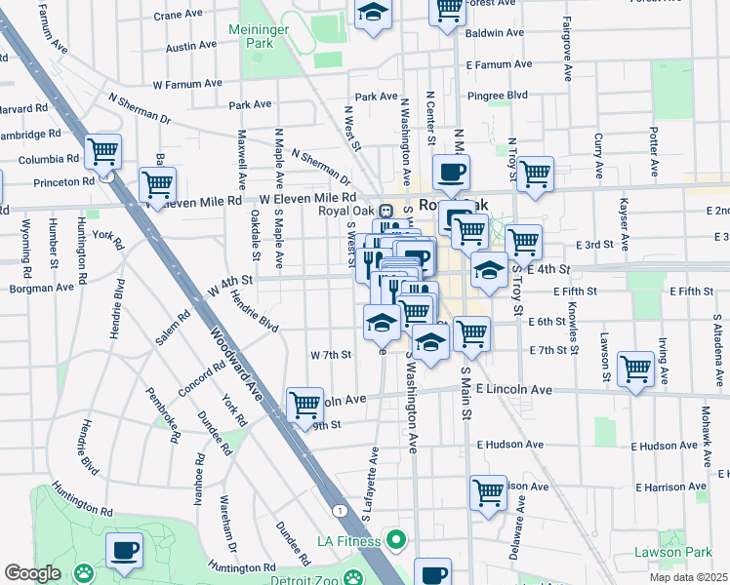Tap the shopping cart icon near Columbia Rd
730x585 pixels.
click(x=102, y=152)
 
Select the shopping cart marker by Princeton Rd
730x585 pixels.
click(x=157, y=183)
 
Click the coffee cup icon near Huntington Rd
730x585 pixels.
click(x=124, y=551)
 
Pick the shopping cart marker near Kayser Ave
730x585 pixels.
click(x=635, y=369)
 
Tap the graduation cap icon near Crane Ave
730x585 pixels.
click(x=372, y=14)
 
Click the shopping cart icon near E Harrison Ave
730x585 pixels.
click(x=488, y=491)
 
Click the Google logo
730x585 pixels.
click(x=32, y=573)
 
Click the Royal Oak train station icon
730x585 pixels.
click(x=385, y=210)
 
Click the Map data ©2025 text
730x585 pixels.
click(x=688, y=577)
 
